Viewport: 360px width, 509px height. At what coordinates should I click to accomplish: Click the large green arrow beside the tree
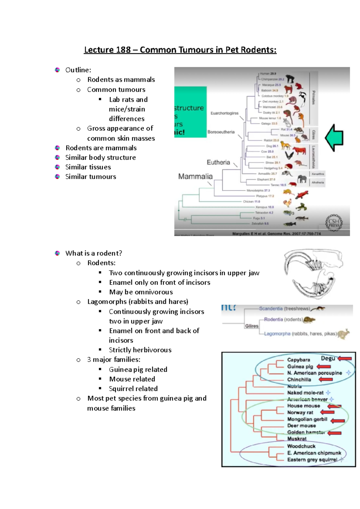[334, 138]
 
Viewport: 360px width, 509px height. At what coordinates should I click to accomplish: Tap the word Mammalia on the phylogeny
[195, 177]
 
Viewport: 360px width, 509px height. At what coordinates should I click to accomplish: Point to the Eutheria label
[218, 162]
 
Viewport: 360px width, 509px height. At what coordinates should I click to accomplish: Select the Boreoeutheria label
[221, 132]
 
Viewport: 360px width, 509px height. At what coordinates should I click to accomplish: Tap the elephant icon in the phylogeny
[302, 179]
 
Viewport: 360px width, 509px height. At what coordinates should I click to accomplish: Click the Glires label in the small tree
[252, 326]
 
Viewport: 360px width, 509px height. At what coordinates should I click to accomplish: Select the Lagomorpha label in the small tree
[277, 334]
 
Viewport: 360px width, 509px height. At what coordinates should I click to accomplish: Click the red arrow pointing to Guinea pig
[324, 366]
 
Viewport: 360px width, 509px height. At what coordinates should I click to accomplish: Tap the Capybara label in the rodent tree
[298, 360]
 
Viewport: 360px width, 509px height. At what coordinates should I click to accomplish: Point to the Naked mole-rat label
[305, 393]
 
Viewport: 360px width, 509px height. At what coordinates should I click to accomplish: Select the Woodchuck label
[301, 446]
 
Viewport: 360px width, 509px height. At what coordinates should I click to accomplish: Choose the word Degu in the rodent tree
[328, 359]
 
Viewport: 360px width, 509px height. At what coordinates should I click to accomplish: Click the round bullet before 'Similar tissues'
[57, 167]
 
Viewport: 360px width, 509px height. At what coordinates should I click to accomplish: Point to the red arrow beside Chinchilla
[325, 380]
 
